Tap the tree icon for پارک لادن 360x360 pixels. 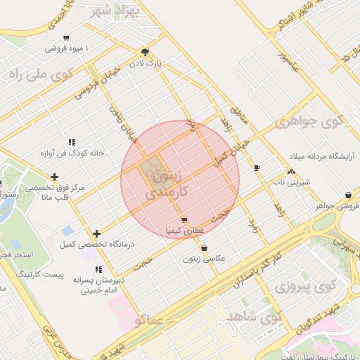coord(146,52)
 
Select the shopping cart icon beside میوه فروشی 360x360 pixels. coord(66,38)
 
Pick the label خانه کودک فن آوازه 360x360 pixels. coord(71,153)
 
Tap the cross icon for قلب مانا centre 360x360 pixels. coord(54,176)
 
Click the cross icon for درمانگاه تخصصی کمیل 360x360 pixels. coord(96,233)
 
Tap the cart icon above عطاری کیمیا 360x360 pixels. coord(184,220)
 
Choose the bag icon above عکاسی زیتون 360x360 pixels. coord(204,247)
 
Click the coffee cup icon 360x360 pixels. coord(257,167)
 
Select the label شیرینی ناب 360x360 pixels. coord(288,182)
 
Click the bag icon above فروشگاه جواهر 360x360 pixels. coord(348,195)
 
